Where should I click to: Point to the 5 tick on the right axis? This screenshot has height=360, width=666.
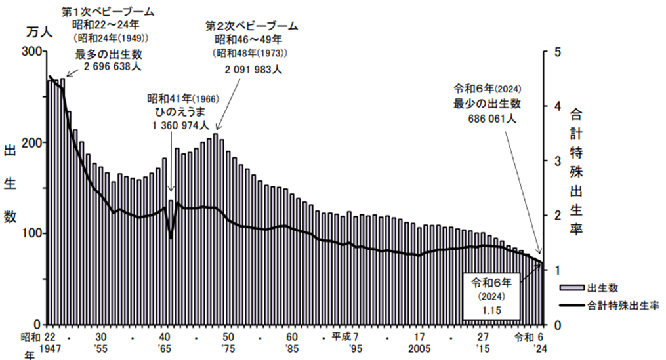[x=556, y=52]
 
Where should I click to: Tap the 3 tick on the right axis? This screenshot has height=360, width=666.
[x=556, y=161]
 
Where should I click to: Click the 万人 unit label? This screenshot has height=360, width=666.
[x=38, y=31]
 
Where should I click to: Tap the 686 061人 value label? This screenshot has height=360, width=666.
[x=493, y=119]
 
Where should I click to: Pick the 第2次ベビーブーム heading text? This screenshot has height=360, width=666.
[x=252, y=26]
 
